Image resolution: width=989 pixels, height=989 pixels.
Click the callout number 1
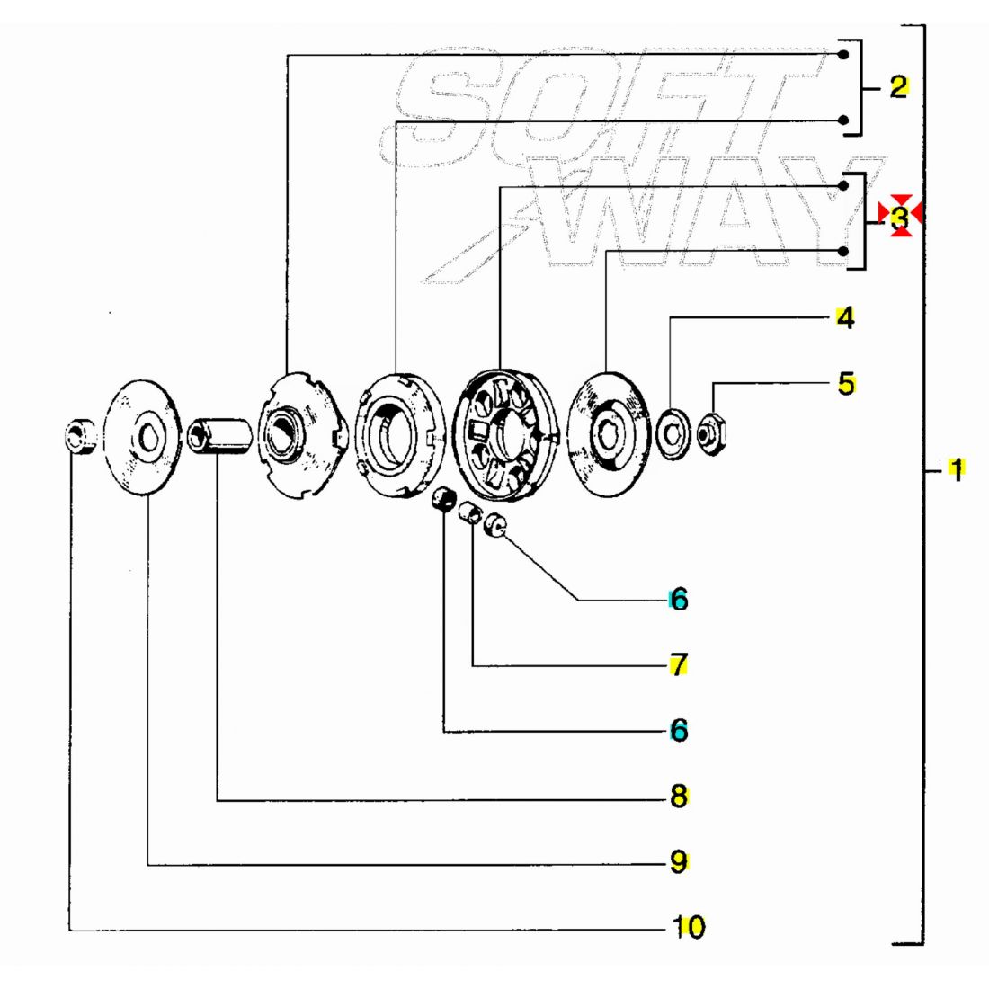coord(957,469)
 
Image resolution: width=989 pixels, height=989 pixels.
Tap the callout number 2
coord(899,86)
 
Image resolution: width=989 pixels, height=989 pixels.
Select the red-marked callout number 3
coord(900,217)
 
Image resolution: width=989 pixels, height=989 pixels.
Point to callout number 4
coord(846,318)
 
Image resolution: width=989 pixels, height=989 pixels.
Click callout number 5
coord(846,384)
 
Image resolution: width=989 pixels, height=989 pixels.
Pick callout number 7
coord(679,664)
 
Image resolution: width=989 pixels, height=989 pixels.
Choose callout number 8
coord(679,796)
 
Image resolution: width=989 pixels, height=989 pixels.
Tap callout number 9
coord(679,861)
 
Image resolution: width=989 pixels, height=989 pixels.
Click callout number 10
coord(689,927)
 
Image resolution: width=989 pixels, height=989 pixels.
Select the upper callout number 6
coord(679,599)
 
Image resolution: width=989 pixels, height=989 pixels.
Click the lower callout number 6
coord(679,730)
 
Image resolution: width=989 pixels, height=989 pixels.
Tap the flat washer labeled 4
coord(673,433)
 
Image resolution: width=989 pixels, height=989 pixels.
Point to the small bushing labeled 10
coord(80,434)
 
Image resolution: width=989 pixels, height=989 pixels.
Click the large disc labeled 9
coord(142,437)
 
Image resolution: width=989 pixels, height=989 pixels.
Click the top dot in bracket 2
coord(843,55)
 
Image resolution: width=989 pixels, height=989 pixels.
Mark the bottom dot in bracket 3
coord(843,251)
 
